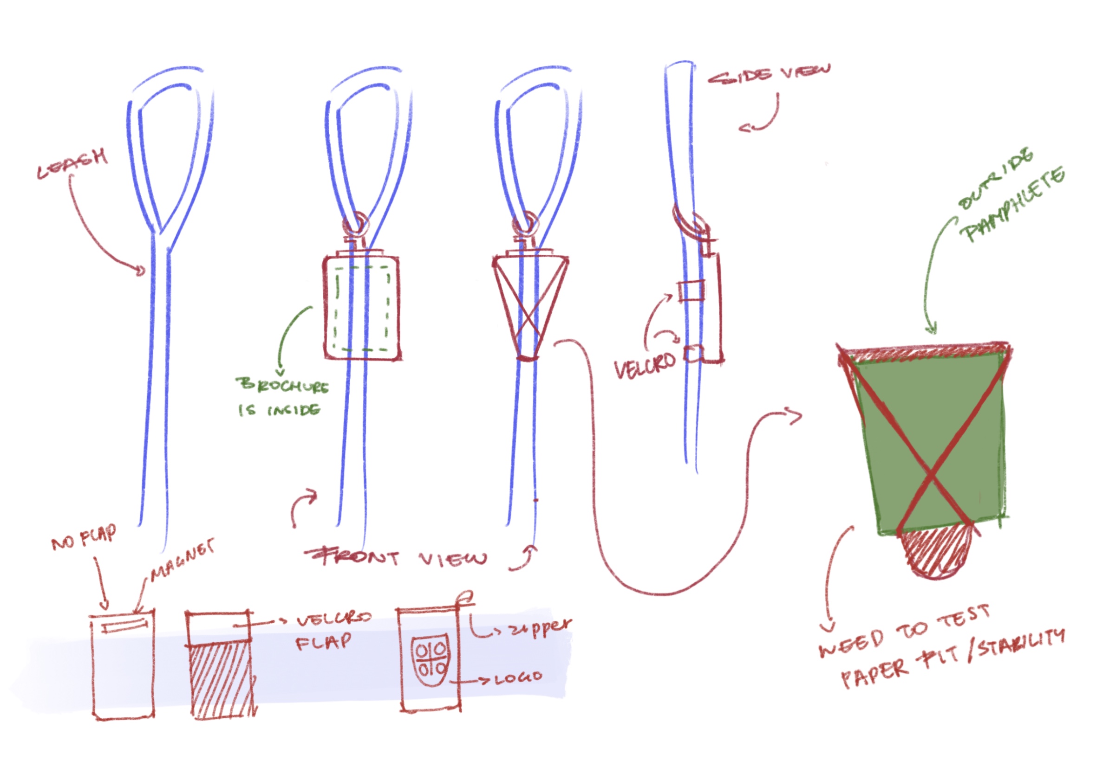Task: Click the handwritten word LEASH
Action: (x=72, y=164)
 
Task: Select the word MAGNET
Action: (x=182, y=559)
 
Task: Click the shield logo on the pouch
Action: (x=431, y=660)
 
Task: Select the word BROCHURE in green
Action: (x=282, y=385)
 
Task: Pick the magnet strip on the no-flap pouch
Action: (x=124, y=626)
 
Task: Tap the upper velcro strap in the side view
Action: (x=691, y=290)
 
